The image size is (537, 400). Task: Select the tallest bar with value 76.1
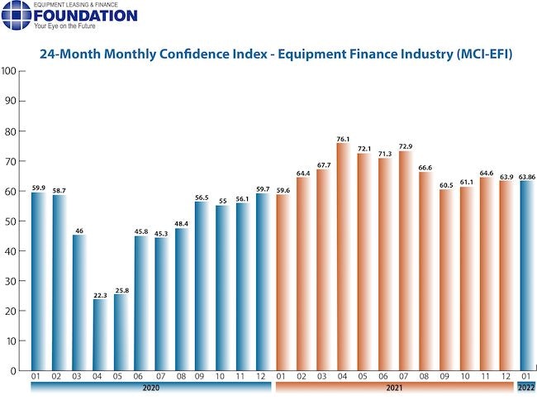[x=342, y=256]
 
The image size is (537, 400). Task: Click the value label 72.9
[x=403, y=146]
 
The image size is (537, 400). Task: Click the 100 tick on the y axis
[x=9, y=71]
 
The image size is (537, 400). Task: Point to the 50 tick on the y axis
[x=11, y=221]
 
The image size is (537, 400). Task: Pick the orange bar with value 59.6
[x=283, y=283]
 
